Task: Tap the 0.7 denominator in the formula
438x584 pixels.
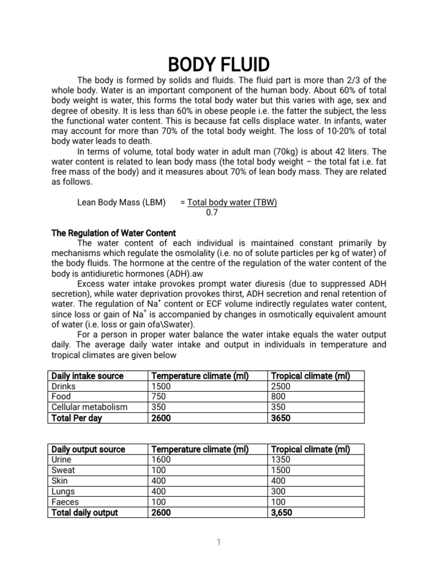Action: click(x=212, y=213)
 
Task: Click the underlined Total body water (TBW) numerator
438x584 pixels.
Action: click(x=232, y=202)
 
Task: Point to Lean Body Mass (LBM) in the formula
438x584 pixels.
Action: click(x=121, y=202)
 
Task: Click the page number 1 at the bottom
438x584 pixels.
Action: click(x=218, y=542)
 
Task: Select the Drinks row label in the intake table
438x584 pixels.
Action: click(x=63, y=387)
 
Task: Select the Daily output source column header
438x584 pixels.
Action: click(x=88, y=449)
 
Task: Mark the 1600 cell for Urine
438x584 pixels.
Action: click(x=160, y=460)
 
